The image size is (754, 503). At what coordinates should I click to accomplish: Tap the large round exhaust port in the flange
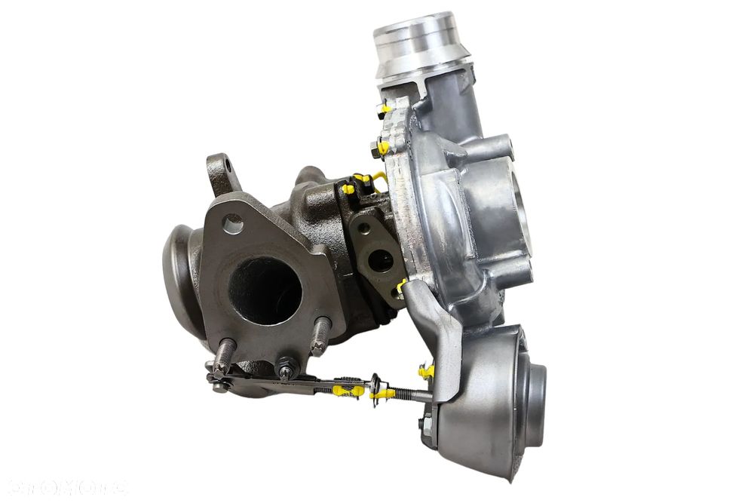point(265,290)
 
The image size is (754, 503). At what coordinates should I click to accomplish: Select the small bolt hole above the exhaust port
point(234,223)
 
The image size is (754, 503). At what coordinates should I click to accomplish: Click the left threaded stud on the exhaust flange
point(225,354)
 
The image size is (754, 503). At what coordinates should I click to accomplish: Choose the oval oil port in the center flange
point(380,260)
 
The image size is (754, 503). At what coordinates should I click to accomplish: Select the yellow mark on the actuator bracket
point(428,371)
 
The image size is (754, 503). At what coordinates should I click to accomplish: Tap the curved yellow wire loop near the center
point(379,179)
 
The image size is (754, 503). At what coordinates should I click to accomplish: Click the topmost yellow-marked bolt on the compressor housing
point(384,108)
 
